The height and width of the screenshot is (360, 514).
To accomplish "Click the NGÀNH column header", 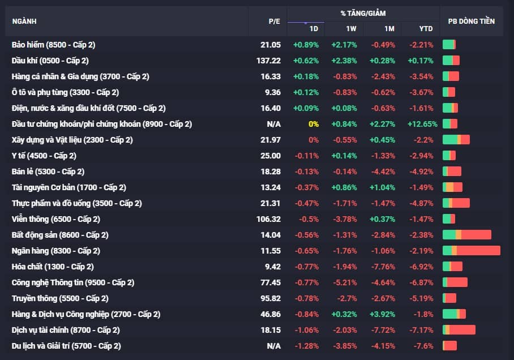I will pos(24,22).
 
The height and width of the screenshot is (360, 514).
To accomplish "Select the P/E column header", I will pos(274,22).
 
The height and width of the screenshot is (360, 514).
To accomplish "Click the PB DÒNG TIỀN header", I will pos(471,22).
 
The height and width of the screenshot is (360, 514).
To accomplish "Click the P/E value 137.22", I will pos(268,61).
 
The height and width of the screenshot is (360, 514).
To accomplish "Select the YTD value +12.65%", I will pos(422,124).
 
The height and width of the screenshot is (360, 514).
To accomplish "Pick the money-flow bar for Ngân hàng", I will pos(471,251).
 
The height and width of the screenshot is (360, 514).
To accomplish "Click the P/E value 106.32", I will pos(268,219).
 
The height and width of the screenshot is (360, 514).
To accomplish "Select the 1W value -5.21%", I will pos(344,282).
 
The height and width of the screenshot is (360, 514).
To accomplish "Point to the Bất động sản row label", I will pos(60,235).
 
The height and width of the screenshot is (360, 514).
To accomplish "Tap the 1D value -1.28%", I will pos(307,346).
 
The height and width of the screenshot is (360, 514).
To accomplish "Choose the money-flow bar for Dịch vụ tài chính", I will pos(459,330).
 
